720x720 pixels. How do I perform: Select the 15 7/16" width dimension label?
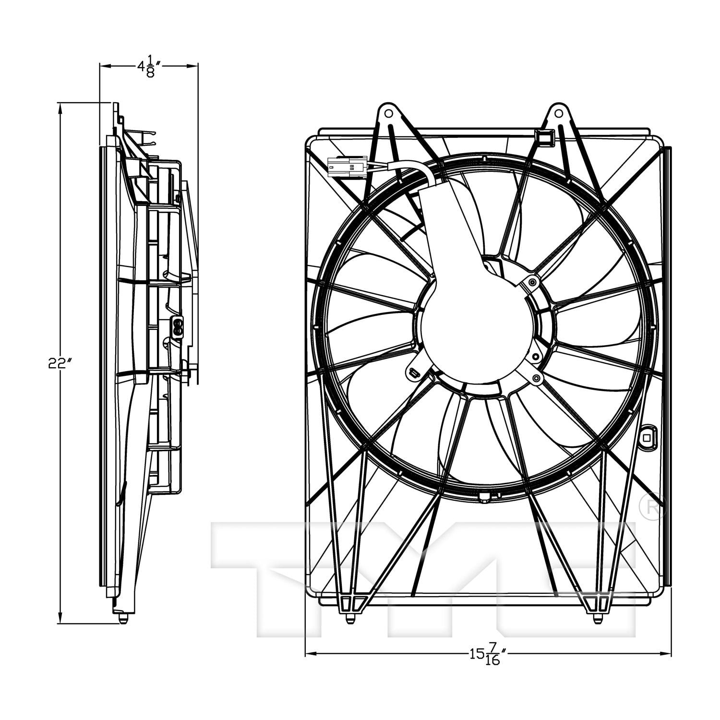[489, 653]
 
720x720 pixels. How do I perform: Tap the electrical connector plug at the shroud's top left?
[346, 168]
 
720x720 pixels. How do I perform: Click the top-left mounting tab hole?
[388, 114]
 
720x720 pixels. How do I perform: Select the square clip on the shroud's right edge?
[647, 436]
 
